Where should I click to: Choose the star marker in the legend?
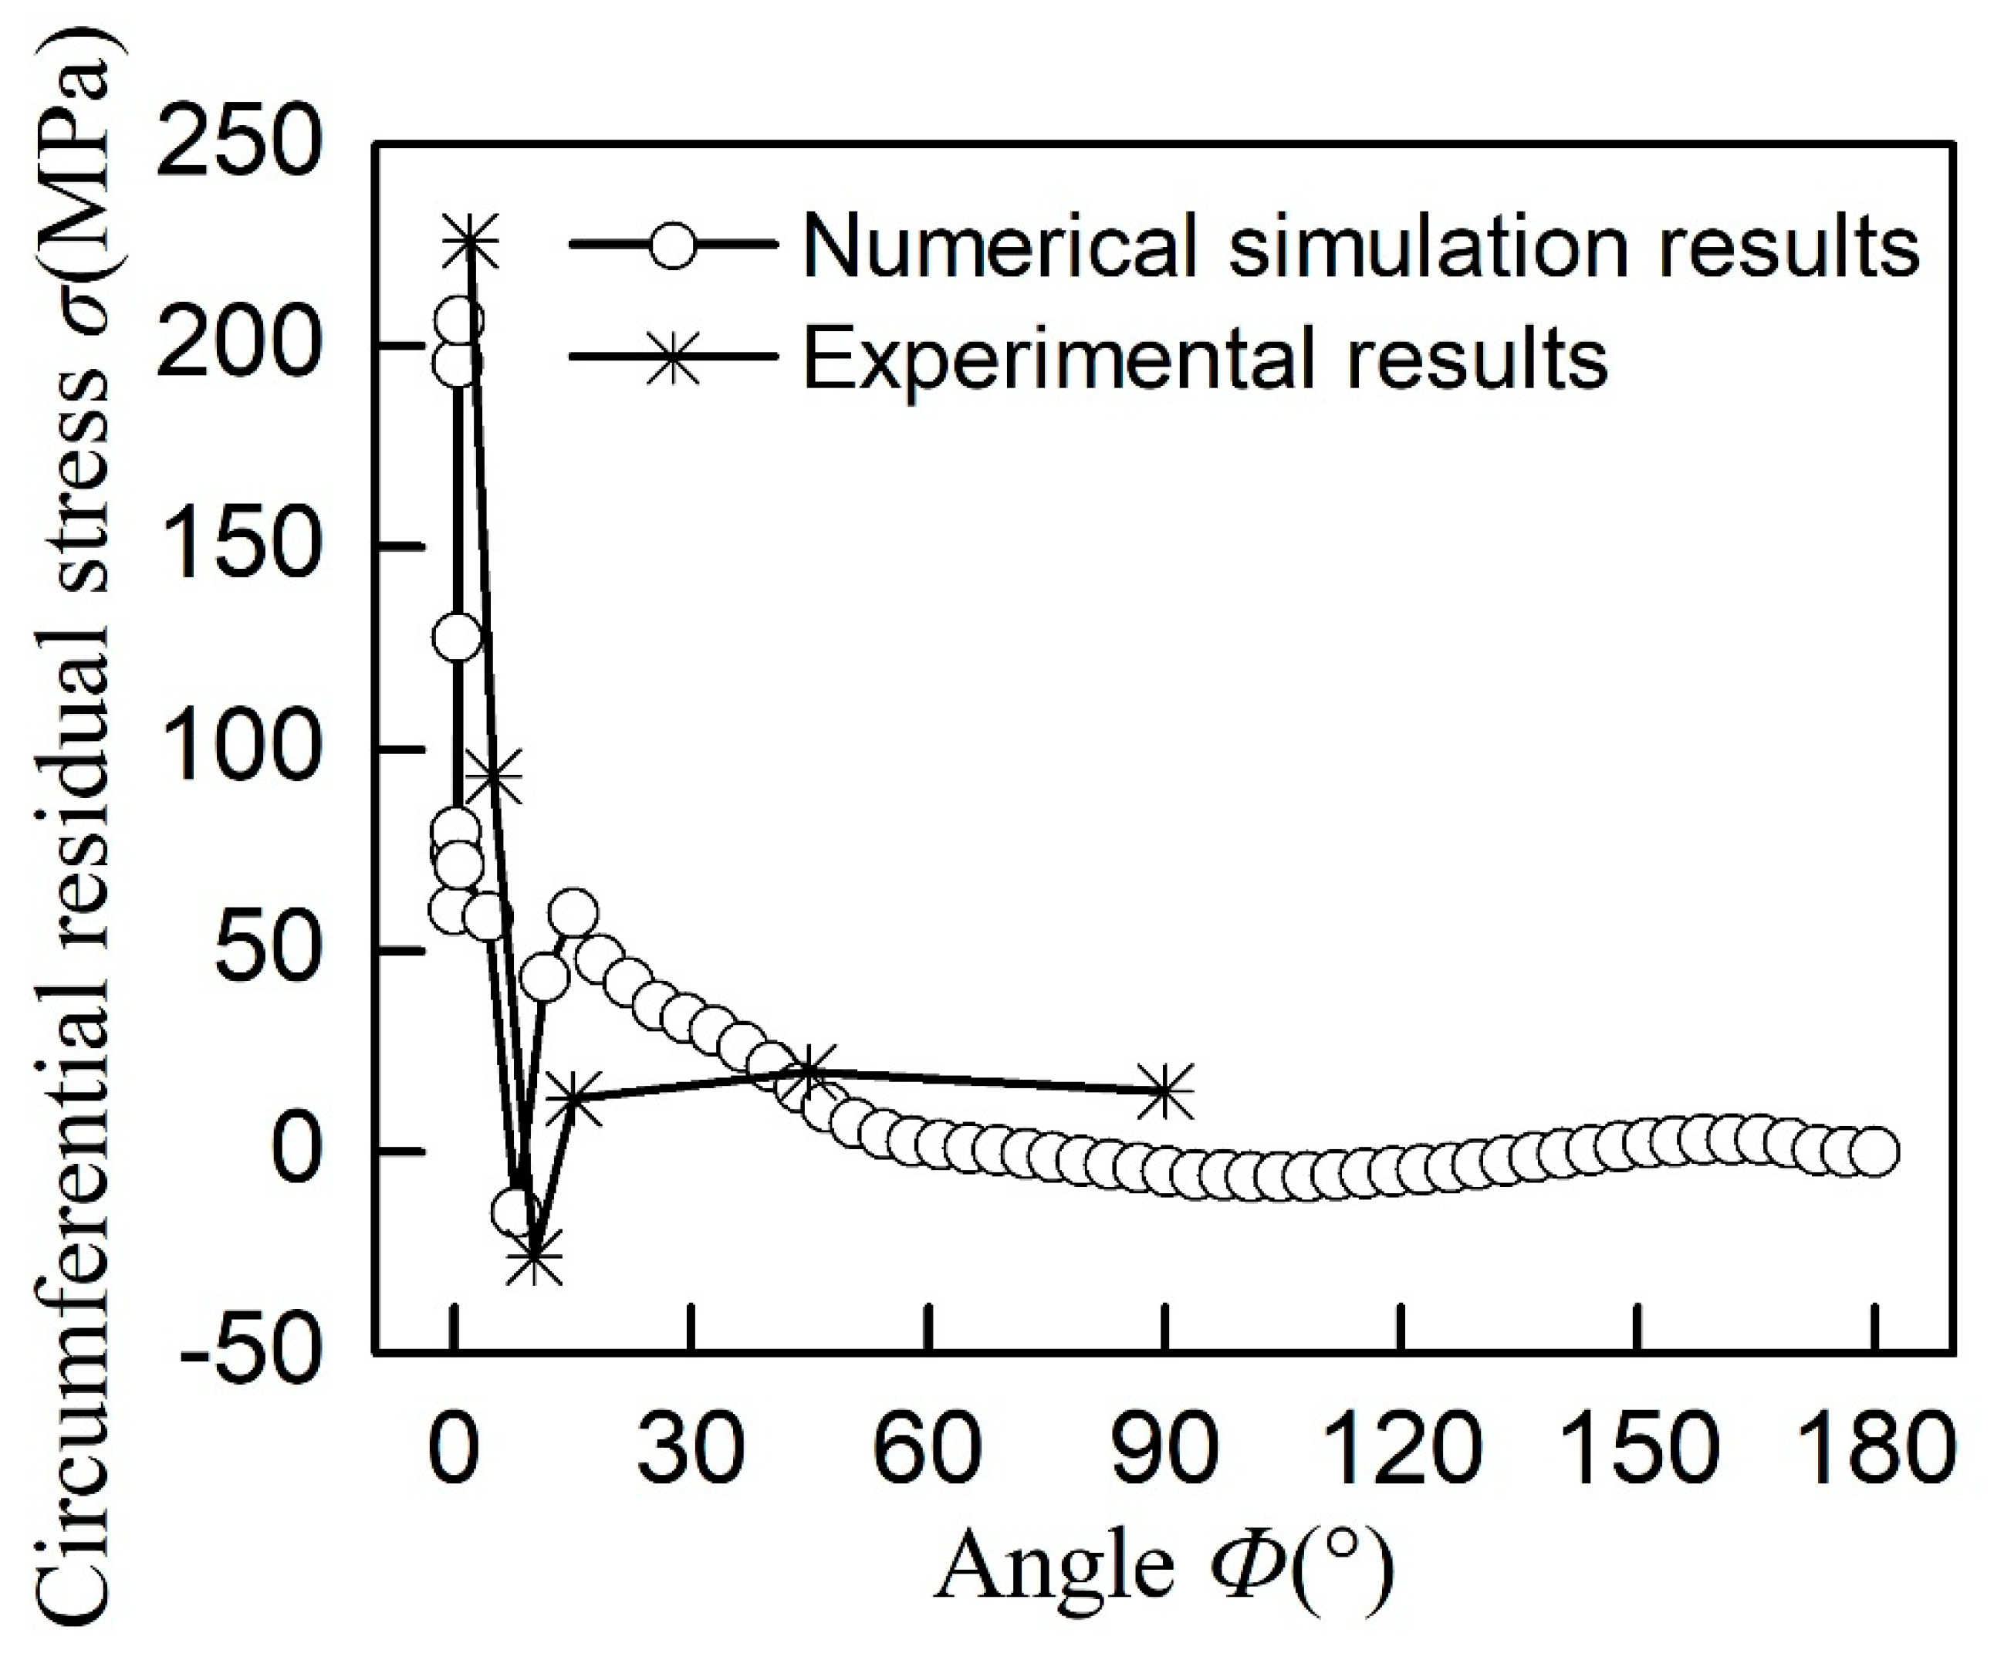[x=674, y=360]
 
